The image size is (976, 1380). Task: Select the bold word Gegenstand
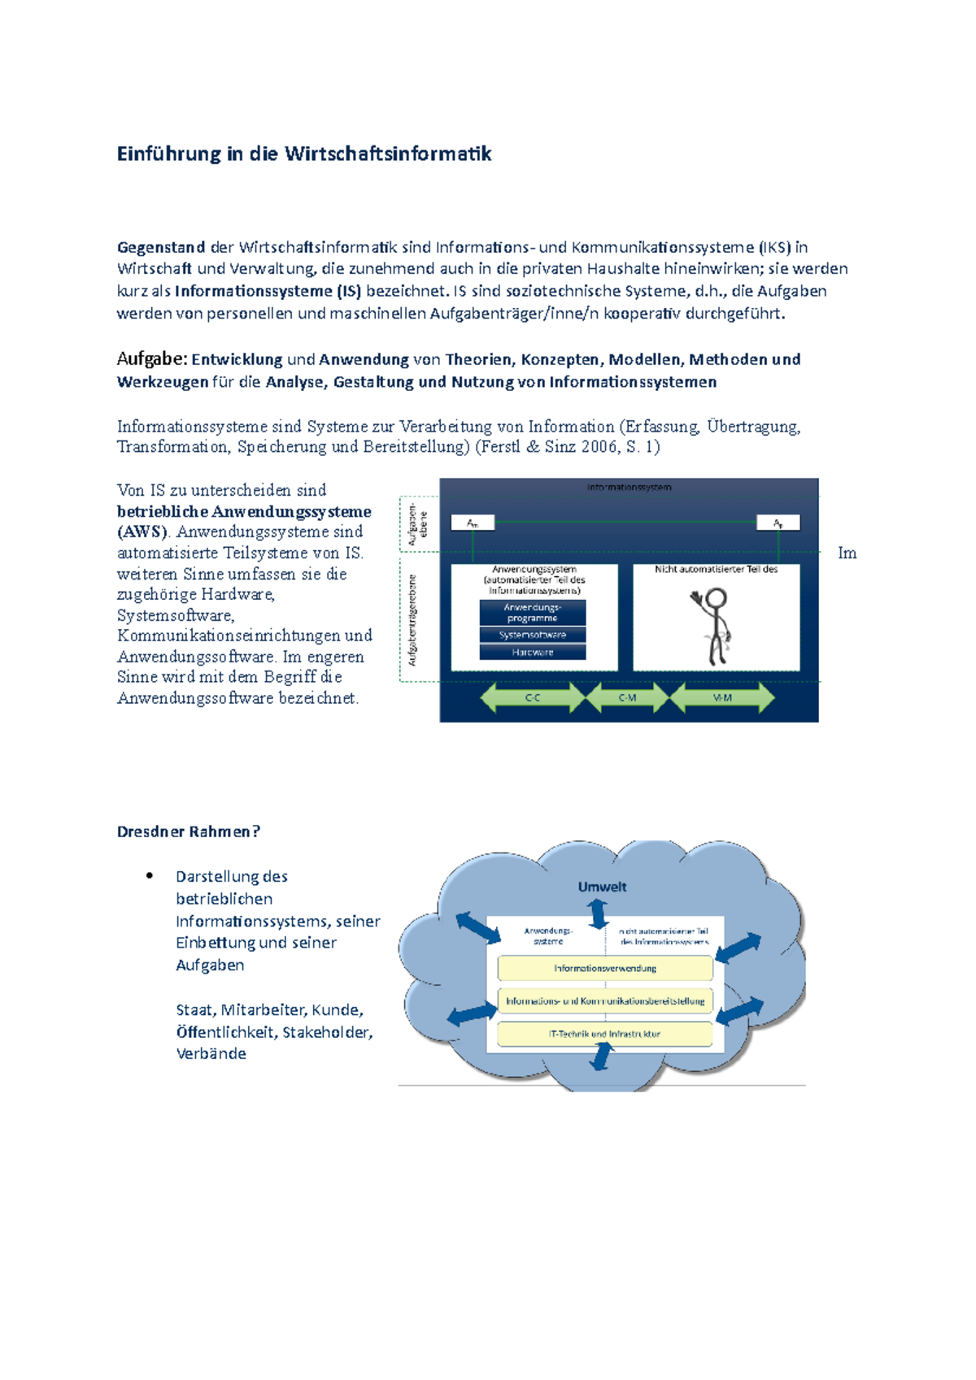(x=160, y=247)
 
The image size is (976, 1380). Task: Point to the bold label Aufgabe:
(x=152, y=359)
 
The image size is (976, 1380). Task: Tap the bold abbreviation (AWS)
(x=143, y=532)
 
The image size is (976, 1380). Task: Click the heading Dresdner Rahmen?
(x=188, y=831)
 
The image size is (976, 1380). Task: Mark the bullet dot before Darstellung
(x=150, y=875)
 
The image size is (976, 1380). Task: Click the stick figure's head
(x=716, y=600)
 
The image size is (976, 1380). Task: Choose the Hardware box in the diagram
(x=533, y=652)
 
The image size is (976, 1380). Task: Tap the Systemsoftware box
(x=533, y=635)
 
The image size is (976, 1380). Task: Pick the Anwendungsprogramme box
(x=533, y=613)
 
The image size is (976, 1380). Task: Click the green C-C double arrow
(x=533, y=697)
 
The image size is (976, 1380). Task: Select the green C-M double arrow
(x=627, y=697)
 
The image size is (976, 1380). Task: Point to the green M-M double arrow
(x=722, y=697)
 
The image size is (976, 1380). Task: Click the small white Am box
(x=473, y=523)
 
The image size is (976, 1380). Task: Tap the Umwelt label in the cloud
(x=602, y=887)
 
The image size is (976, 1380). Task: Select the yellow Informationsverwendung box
(x=605, y=968)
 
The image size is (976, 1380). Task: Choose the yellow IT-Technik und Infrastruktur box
(x=605, y=1034)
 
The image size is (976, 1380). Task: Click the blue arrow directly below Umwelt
(x=599, y=914)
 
